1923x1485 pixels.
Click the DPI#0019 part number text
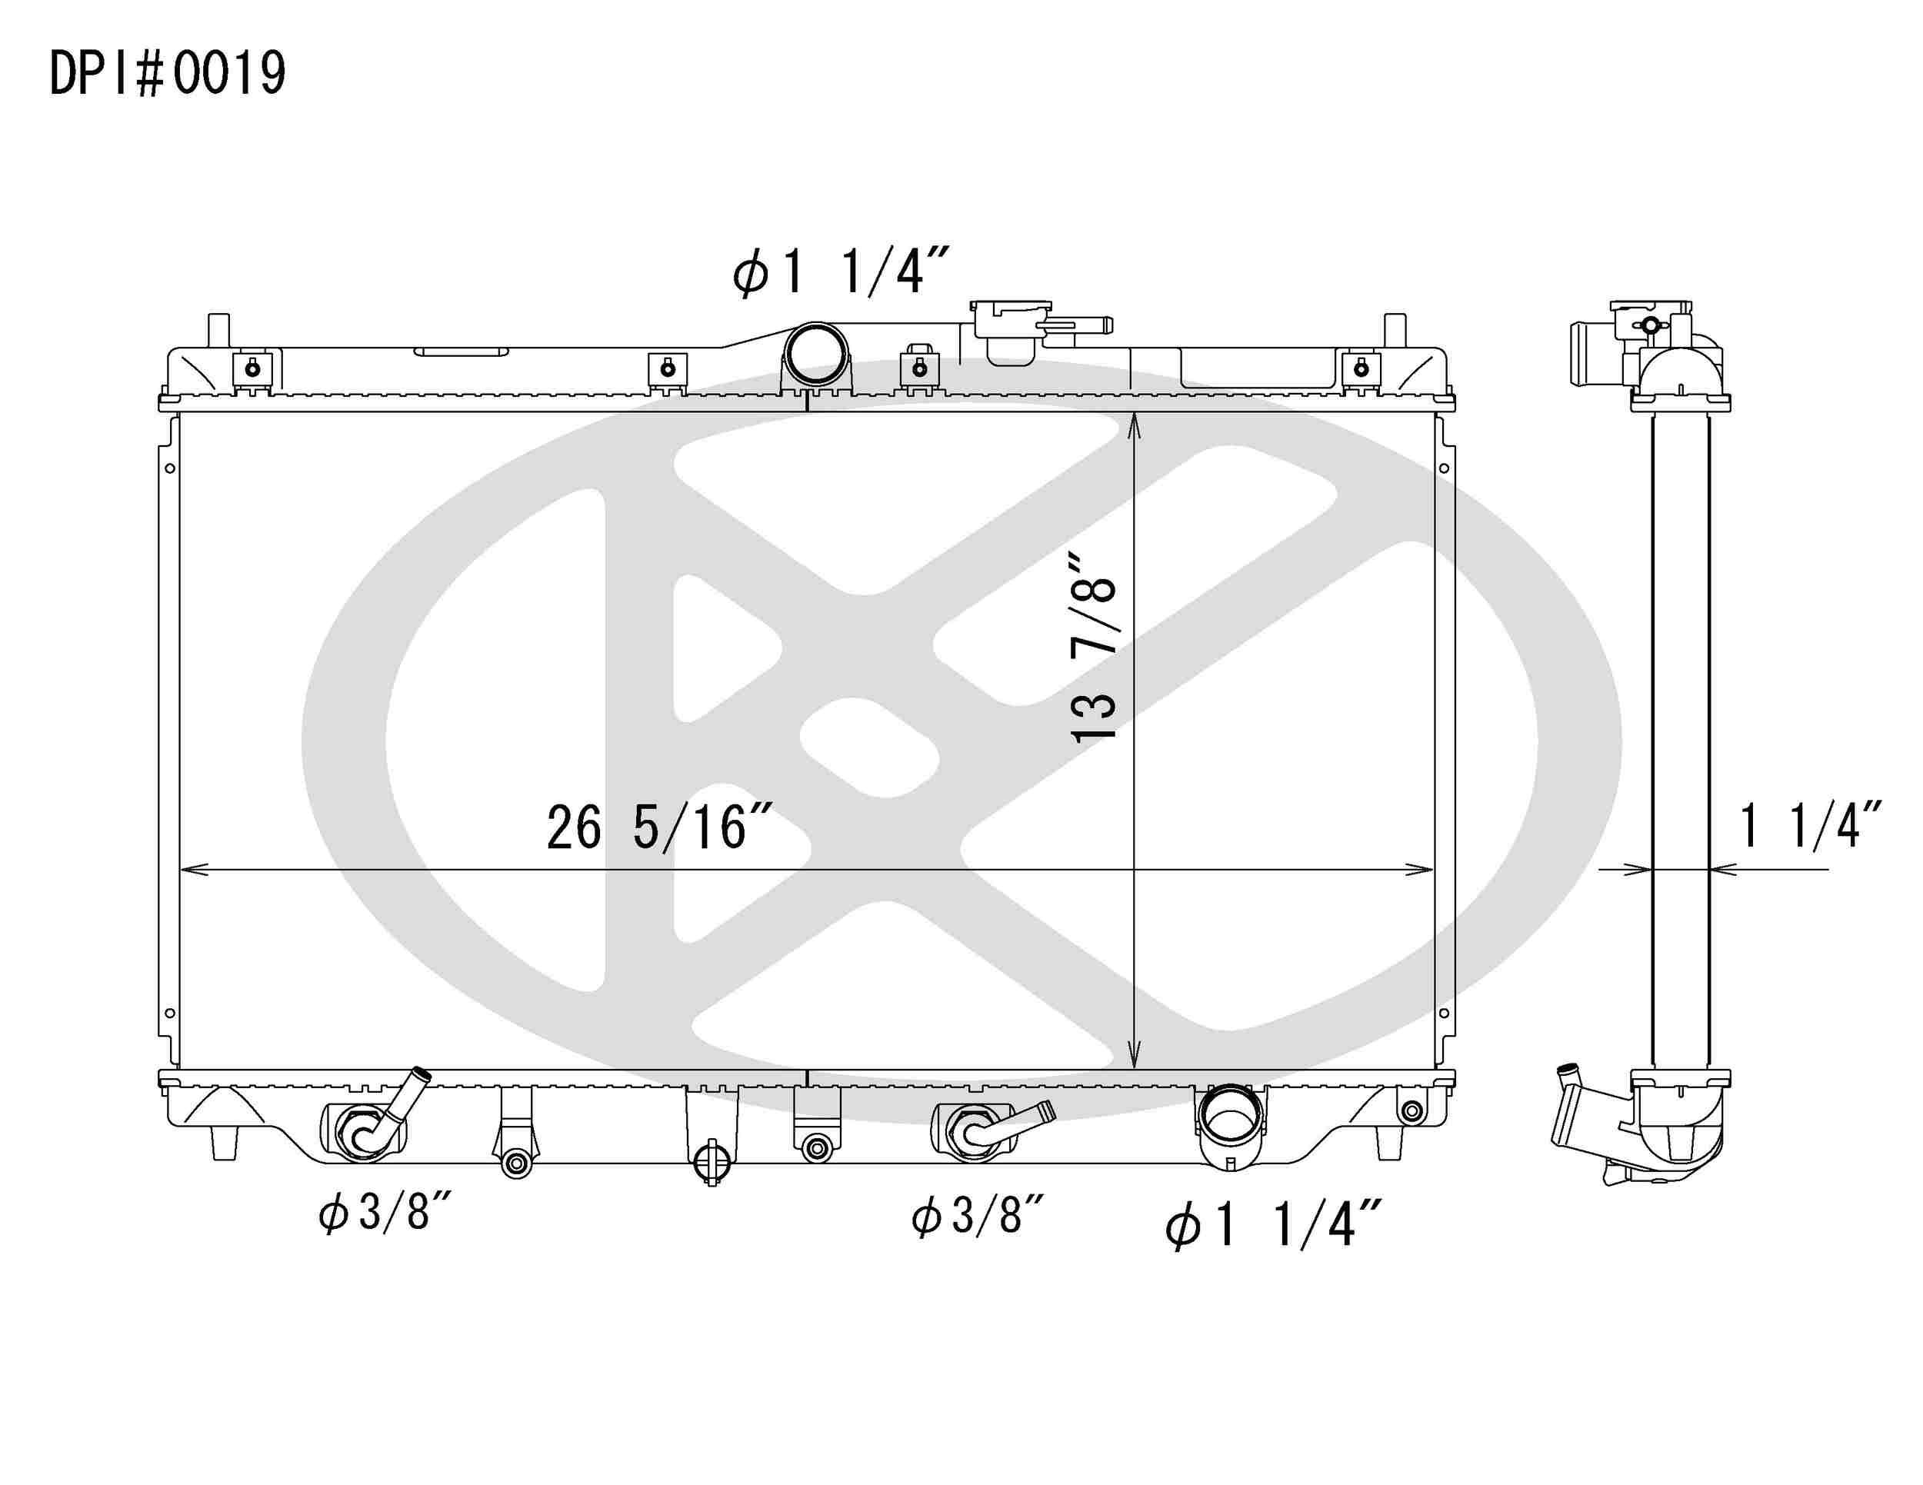click(x=167, y=73)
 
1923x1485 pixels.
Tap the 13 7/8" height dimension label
click(x=1093, y=648)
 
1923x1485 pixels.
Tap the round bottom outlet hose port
click(x=1229, y=1122)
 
